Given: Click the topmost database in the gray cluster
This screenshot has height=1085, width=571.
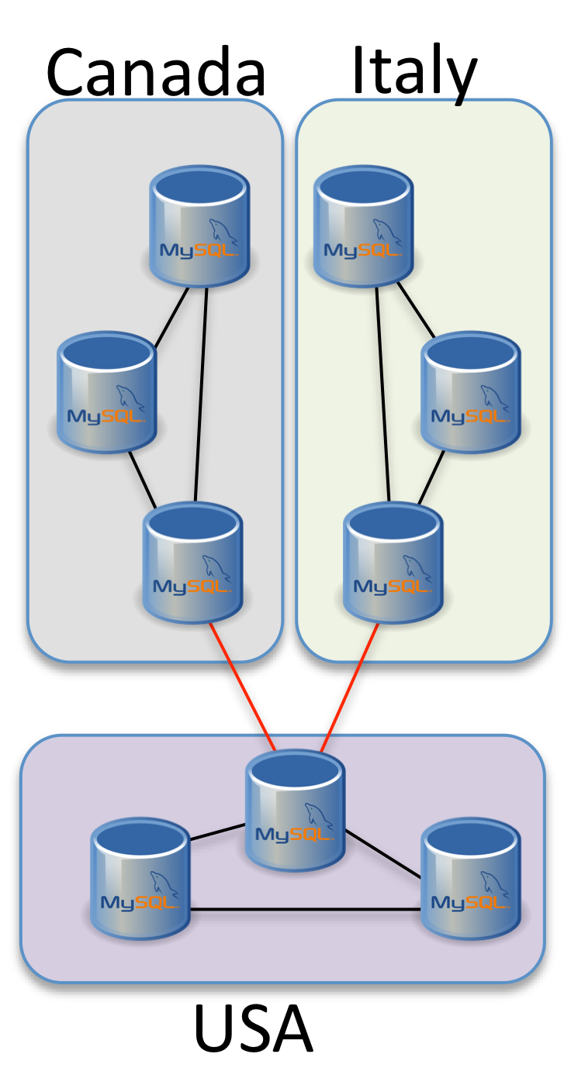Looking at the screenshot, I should [x=199, y=226].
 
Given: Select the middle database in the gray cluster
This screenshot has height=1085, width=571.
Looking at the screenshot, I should [x=107, y=393].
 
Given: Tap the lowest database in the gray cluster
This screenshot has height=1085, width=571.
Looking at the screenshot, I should [x=192, y=563].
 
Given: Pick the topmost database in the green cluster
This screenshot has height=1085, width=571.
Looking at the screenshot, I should [x=363, y=226].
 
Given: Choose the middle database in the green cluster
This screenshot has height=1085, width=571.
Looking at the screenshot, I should [x=470, y=393].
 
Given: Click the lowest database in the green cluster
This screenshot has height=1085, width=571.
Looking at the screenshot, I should [x=393, y=563].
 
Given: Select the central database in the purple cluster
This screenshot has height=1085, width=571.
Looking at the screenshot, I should [x=295, y=811].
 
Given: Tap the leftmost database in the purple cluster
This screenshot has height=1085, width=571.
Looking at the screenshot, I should [x=140, y=879].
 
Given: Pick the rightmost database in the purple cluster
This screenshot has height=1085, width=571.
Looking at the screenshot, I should [x=470, y=879].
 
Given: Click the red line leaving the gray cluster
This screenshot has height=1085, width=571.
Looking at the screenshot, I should [x=242, y=686].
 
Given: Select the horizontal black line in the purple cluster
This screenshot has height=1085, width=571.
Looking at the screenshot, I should [x=306, y=909].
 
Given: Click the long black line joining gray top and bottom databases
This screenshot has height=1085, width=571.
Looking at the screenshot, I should [x=201, y=395].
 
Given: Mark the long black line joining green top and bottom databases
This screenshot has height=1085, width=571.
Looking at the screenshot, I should [x=383, y=395].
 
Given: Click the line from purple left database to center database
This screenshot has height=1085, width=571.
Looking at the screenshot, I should [x=217, y=832].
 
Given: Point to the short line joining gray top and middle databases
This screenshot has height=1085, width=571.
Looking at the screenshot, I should [x=171, y=318].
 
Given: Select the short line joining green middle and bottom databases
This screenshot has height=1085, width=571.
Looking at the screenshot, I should [x=431, y=477].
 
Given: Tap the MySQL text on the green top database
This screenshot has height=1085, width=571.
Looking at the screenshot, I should [x=362, y=250].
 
